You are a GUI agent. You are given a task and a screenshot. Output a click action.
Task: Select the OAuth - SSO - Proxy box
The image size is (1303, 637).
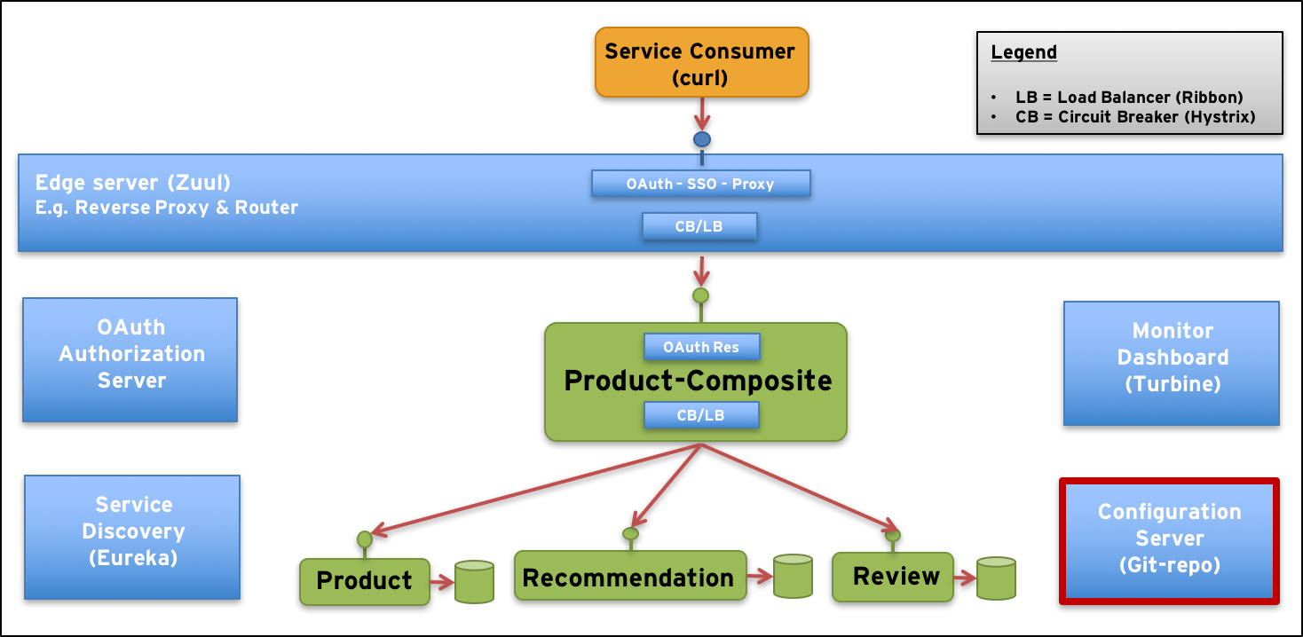[x=700, y=184]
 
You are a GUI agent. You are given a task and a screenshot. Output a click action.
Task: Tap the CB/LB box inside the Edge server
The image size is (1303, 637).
[x=699, y=226]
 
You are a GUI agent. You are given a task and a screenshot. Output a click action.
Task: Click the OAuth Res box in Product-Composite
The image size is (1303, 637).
[x=701, y=347]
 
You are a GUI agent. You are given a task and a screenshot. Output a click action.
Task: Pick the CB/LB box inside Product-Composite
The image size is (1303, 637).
[x=701, y=415]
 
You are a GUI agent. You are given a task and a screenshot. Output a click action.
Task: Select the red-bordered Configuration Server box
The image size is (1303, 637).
[x=1169, y=540]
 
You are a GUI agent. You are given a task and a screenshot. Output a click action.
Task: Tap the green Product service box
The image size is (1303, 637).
[x=364, y=581]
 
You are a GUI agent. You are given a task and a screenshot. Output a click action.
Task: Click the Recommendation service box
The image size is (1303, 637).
[x=628, y=578]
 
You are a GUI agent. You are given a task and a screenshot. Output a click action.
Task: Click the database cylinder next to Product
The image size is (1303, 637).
[x=474, y=582]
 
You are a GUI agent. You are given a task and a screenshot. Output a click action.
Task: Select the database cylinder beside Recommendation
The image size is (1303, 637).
[x=793, y=576]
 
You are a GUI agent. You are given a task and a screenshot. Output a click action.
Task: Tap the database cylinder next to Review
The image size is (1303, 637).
[x=996, y=578]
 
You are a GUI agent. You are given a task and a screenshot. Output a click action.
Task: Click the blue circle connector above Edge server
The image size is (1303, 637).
[x=702, y=139]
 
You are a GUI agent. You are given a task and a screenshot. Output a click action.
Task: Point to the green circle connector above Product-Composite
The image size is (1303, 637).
[x=701, y=295]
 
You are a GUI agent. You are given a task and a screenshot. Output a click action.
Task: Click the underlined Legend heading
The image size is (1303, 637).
[x=1023, y=52]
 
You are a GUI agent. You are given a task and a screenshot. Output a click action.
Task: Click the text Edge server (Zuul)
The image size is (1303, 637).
[x=133, y=183]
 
